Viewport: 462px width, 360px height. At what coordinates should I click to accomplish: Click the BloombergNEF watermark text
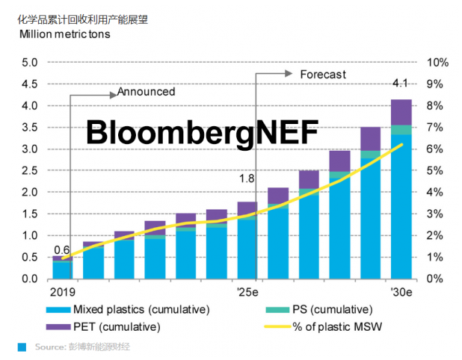click(201, 132)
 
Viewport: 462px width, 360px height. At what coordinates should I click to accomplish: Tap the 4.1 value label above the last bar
click(401, 82)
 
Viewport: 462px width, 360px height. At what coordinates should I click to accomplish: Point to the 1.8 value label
click(247, 179)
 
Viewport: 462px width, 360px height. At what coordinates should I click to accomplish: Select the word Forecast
click(323, 74)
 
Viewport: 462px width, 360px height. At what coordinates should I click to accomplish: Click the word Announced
click(146, 92)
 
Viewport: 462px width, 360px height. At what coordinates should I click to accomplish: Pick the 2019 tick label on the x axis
click(63, 291)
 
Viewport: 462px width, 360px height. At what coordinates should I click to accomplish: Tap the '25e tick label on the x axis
click(247, 291)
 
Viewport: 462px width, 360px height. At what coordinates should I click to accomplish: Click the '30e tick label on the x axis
click(401, 291)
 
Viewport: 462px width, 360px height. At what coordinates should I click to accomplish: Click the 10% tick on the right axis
click(437, 63)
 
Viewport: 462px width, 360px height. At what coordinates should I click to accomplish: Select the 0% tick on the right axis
click(435, 279)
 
